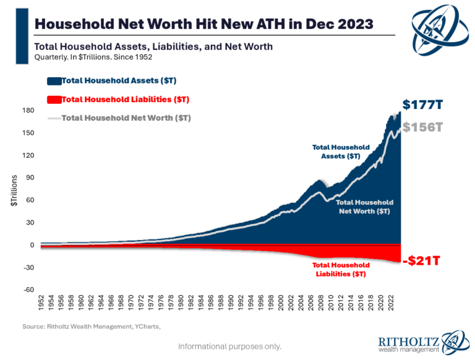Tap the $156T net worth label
[422, 127]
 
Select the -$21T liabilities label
[421, 260]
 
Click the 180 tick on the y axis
[28, 111]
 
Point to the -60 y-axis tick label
[28, 289]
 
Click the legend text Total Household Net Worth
[126, 118]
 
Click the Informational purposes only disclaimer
[229, 346]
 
